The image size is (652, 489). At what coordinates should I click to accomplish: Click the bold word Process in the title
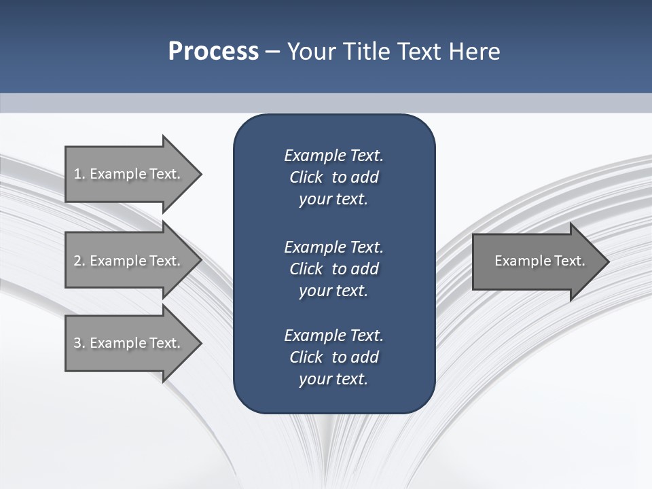pos(213,52)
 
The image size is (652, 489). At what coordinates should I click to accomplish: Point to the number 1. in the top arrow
pos(79,174)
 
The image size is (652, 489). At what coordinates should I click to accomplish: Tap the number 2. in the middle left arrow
pos(79,261)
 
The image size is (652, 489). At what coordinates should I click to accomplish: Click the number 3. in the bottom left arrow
pos(79,343)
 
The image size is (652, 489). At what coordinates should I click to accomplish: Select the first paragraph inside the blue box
pos(333,177)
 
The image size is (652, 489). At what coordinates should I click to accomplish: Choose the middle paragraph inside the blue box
pos(333,268)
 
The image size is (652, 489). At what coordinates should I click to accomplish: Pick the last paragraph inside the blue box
pos(333,357)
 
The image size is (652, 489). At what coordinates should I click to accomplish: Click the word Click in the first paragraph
pos(306,177)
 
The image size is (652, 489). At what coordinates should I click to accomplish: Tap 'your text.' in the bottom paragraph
pos(333,379)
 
